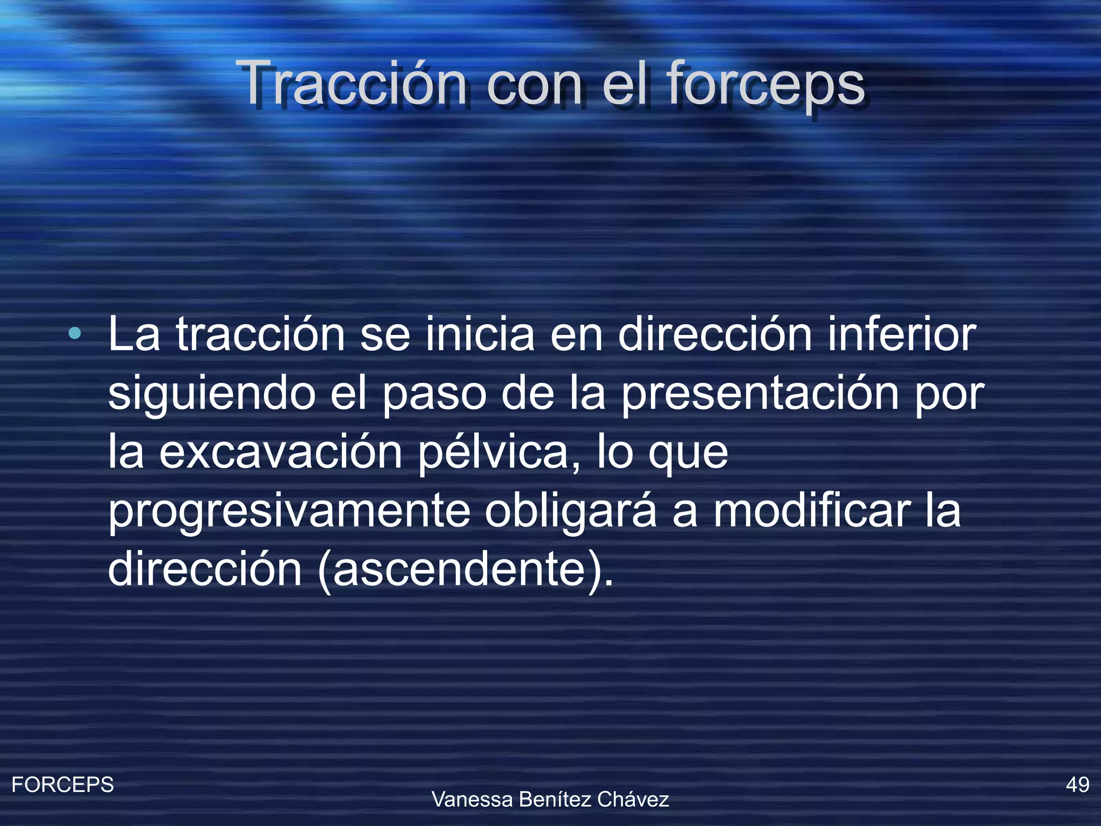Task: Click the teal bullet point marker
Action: (75, 334)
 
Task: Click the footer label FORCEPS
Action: (63, 785)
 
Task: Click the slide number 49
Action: (1077, 785)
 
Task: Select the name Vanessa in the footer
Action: (472, 800)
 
